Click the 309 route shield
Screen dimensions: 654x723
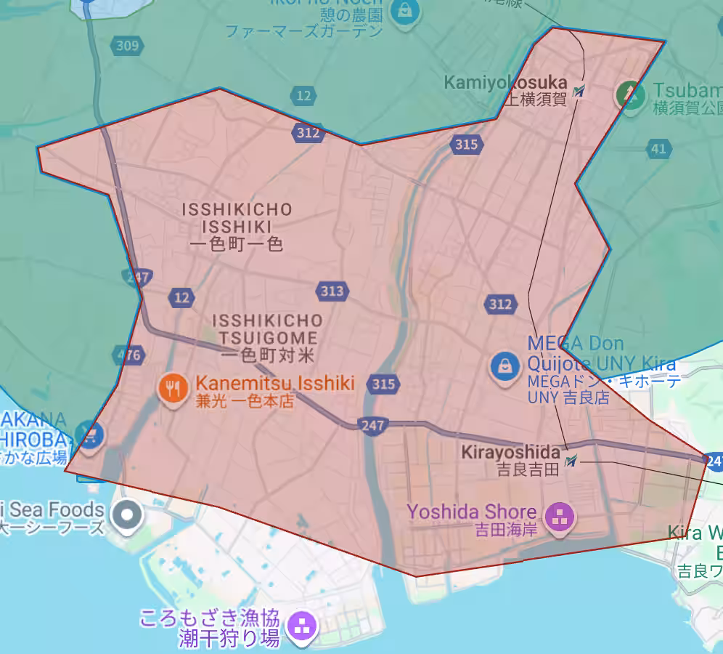[126, 47]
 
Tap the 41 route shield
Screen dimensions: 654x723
[658, 149]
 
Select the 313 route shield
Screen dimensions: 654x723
[332, 291]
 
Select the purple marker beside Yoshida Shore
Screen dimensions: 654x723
[560, 517]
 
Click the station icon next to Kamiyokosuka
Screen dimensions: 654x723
[579, 92]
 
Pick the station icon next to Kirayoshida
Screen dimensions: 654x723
[571, 460]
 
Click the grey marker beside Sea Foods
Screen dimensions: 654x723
[128, 514]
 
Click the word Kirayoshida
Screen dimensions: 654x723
[511, 452]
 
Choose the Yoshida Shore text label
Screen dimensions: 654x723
[472, 512]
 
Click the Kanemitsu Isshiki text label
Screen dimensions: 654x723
[275, 383]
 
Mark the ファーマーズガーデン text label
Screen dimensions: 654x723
[304, 31]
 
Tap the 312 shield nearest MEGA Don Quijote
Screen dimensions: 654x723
[500, 304]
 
